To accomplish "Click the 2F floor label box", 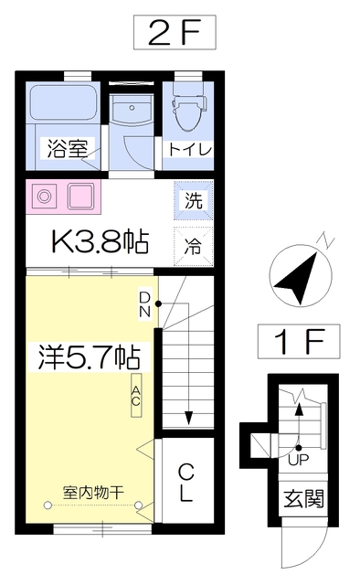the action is [x=175, y=33].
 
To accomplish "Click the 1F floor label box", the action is [x=299, y=341].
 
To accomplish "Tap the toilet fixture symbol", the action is [x=189, y=112].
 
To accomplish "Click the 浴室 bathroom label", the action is [x=67, y=148].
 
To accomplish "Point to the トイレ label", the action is [x=190, y=150].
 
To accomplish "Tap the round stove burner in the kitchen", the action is [x=45, y=196].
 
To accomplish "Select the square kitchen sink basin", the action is [x=81, y=197].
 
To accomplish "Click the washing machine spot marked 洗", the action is [x=194, y=201].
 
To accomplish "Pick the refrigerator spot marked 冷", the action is [x=194, y=247].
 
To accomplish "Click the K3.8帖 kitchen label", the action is [x=100, y=241].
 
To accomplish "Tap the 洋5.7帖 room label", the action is [x=90, y=357].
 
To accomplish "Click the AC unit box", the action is [x=136, y=395].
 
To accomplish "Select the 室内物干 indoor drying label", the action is [x=93, y=493].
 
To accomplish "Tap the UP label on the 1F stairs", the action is [x=299, y=460].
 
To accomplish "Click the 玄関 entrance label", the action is [x=304, y=499].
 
